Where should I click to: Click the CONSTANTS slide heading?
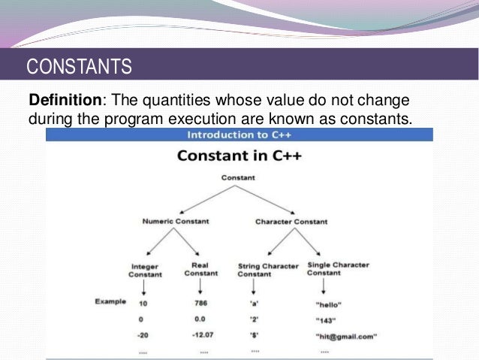(79, 67)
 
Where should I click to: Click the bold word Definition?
(64, 101)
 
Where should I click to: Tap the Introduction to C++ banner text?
(238, 135)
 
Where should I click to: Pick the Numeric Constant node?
(174, 222)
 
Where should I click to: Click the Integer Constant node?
(146, 270)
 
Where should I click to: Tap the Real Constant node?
(199, 270)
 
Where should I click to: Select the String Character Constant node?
(268, 270)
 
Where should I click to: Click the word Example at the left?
(110, 302)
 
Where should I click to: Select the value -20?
(143, 335)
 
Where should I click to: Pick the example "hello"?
(330, 304)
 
